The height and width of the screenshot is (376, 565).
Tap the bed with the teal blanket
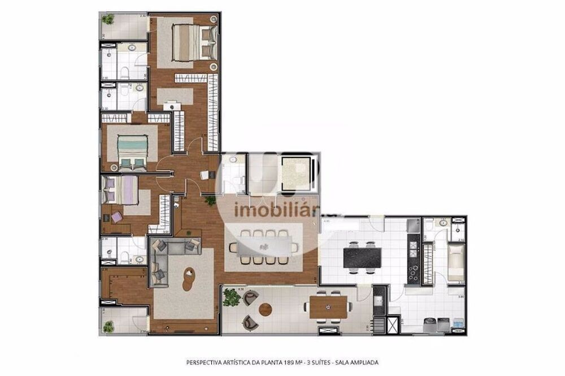[x=133, y=150]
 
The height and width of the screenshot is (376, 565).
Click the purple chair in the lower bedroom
[x=116, y=217]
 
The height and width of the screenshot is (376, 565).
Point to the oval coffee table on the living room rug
[x=189, y=278]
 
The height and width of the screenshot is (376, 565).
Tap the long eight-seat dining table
[x=264, y=246]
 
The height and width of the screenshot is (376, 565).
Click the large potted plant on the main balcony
[x=231, y=296]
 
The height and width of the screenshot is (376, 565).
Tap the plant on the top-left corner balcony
[x=108, y=20]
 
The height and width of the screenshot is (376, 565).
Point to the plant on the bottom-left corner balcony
[x=108, y=326]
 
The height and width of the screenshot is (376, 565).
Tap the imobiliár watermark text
[x=270, y=211]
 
